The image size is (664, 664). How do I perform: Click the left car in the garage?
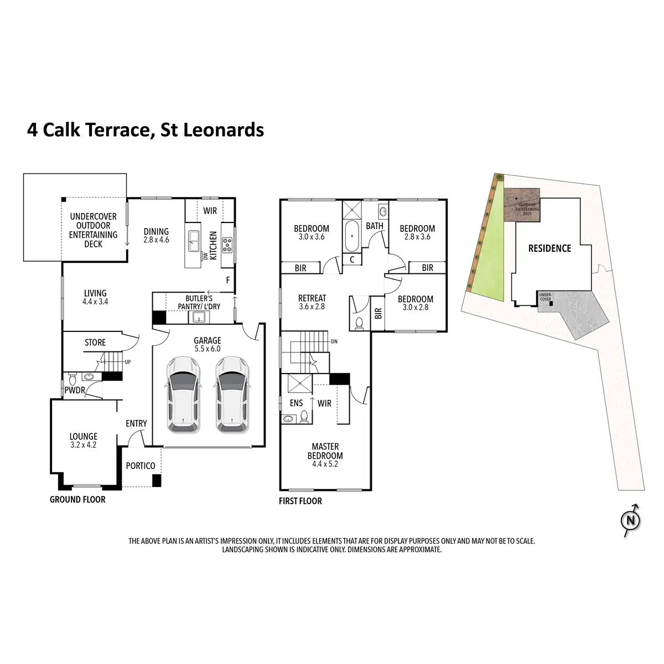pyautogui.click(x=183, y=394)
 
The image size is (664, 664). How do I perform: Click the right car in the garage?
pyautogui.click(x=232, y=394)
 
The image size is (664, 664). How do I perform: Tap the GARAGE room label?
pyautogui.click(x=207, y=341)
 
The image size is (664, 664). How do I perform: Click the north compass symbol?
pyautogui.click(x=630, y=521)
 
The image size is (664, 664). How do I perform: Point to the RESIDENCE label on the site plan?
pyautogui.click(x=549, y=248)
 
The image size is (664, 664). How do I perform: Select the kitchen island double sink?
pyautogui.click(x=193, y=239)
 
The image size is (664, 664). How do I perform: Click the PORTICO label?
pyautogui.click(x=141, y=466)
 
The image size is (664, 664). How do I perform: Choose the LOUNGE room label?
pyautogui.click(x=83, y=437)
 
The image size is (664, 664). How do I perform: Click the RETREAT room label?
pyautogui.click(x=312, y=298)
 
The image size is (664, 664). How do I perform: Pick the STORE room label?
pyautogui.click(x=95, y=343)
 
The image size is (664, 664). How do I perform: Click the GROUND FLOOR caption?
pyautogui.click(x=77, y=500)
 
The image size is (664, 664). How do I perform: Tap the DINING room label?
pyautogui.click(x=156, y=232)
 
